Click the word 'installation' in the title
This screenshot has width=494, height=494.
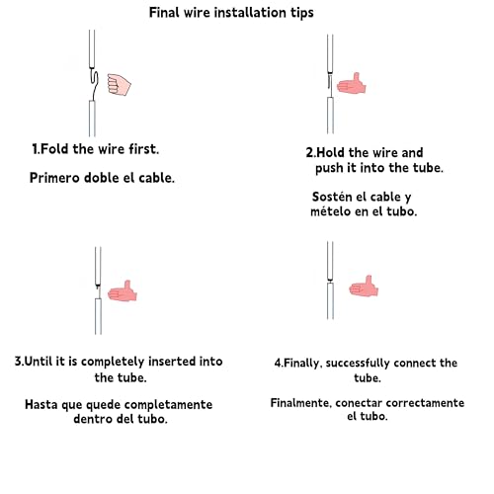point(251,13)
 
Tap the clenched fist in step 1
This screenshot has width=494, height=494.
point(119,85)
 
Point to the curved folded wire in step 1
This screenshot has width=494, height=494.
point(94,84)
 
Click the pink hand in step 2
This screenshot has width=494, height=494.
point(352,84)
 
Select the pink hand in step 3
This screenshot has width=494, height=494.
point(123,291)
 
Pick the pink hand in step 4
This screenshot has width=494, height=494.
point(364,287)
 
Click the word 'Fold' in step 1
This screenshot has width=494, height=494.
point(54,149)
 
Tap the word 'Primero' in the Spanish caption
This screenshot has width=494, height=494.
point(54,178)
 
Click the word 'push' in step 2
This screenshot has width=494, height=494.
point(329,168)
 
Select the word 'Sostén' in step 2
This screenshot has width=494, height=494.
point(332,197)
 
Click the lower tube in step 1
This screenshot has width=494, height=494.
point(93,119)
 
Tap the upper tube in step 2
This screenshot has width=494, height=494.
point(330,54)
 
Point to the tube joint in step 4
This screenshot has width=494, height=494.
point(330,281)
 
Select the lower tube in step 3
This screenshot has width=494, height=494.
point(98,316)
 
